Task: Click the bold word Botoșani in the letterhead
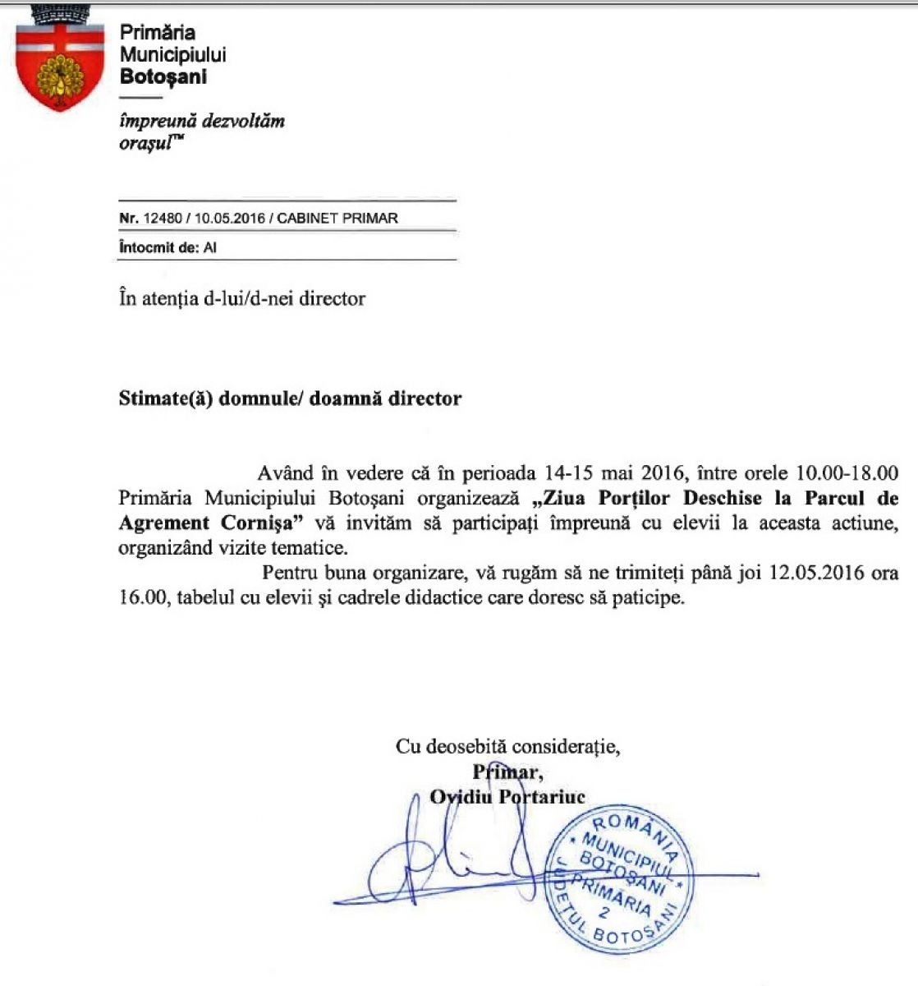[x=163, y=77]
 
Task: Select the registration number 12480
[x=162, y=219]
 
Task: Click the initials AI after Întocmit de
[x=210, y=247]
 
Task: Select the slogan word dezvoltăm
[x=243, y=121]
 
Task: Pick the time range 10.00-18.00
[x=847, y=473]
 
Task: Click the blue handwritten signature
[x=443, y=863]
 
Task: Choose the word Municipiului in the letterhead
[x=172, y=55]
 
